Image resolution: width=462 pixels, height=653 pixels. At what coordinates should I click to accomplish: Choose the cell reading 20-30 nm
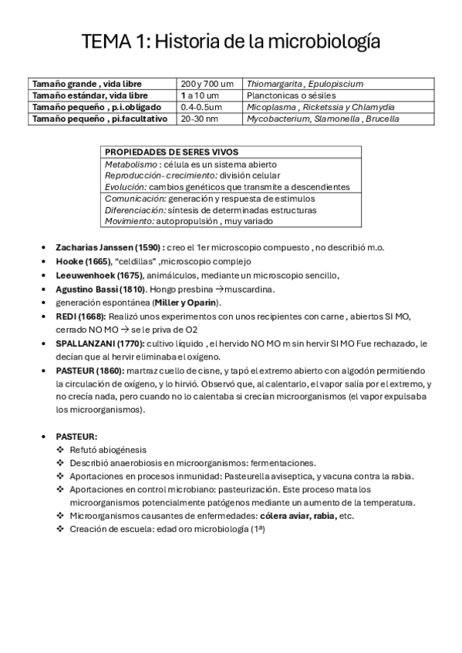(x=199, y=119)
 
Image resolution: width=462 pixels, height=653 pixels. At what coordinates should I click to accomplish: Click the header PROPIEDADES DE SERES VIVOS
(x=171, y=152)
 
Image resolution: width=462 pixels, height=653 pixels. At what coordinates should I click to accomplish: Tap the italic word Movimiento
(x=128, y=221)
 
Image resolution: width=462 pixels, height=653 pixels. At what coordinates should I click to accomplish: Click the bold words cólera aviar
(x=264, y=515)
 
